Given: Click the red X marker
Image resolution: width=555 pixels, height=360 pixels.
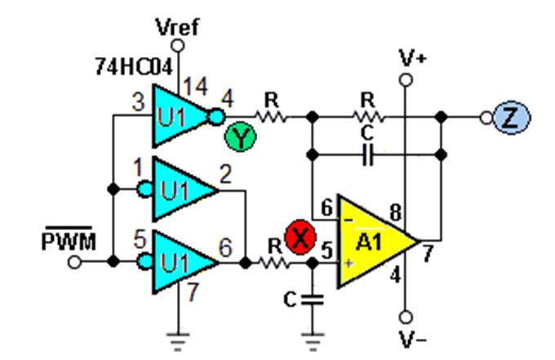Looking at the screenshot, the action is click(300, 237).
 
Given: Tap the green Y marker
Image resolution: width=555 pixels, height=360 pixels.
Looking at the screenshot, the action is click(240, 136).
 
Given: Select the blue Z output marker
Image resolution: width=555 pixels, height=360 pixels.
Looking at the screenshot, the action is click(512, 118).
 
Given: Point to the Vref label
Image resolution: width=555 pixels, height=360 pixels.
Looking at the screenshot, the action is click(178, 27).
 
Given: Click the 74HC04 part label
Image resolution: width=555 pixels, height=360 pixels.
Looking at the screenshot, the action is click(134, 67).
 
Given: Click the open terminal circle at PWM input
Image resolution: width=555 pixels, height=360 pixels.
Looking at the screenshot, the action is click(74, 262).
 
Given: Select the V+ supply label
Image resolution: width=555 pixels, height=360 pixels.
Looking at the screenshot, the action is click(412, 58).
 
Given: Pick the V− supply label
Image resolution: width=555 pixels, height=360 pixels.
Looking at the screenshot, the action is click(413, 339).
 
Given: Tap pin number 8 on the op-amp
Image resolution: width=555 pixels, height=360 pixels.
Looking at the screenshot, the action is click(395, 213).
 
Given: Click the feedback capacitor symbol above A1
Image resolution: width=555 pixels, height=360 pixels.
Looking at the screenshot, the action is click(368, 154).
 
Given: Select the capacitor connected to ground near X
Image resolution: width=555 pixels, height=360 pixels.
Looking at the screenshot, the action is click(312, 300).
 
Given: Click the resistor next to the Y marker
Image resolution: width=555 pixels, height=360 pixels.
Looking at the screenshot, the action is click(271, 117).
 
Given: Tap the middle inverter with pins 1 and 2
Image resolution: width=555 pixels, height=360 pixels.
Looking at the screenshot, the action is click(179, 189).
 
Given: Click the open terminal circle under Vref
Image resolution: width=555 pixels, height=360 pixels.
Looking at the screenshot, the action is click(178, 46).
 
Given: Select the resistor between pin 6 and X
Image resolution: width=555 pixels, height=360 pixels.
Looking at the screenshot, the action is click(274, 263).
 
